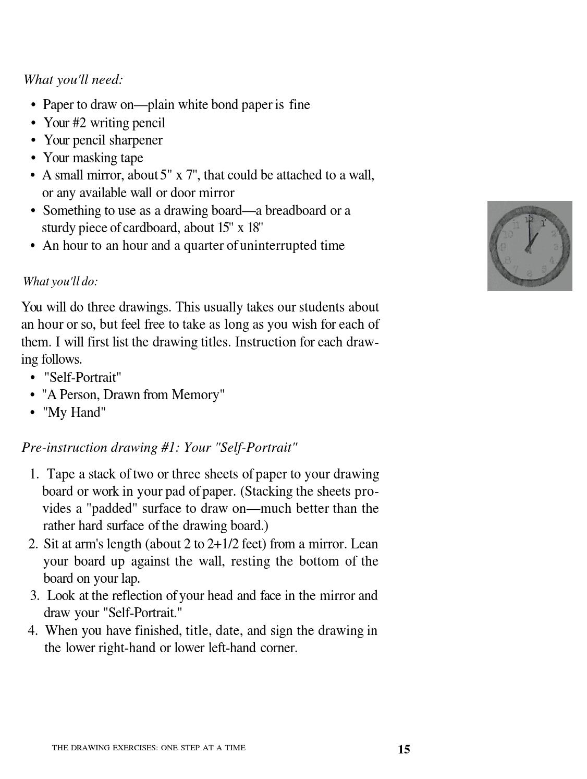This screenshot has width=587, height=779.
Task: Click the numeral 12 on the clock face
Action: [x=530, y=220]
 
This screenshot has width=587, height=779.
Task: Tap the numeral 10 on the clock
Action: [x=508, y=234]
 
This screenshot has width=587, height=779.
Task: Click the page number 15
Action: [x=404, y=749]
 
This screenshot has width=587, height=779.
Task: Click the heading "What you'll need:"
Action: [x=73, y=80]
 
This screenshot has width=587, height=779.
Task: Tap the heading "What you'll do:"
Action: [x=60, y=281]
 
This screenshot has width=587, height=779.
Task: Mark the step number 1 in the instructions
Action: [x=34, y=474]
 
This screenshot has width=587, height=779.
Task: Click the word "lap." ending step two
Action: [x=130, y=579]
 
